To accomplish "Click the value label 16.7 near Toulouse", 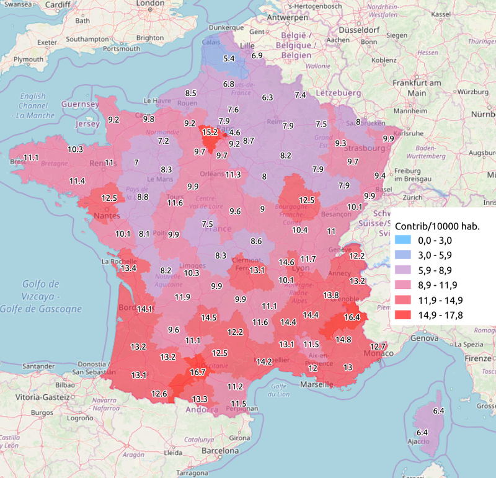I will point(198,372).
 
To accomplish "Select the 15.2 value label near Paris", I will point(210,132).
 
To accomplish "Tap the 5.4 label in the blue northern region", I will point(229,58).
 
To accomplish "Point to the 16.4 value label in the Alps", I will point(352,317).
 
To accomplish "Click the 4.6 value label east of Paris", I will point(234,133).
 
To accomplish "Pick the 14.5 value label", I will point(209,317).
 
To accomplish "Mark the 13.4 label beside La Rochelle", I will point(129,268).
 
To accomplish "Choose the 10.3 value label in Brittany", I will point(76,149).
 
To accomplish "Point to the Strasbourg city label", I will point(365,148).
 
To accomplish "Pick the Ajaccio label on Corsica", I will point(417,442).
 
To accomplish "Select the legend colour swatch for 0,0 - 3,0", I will point(402,241).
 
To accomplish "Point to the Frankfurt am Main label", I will point(416,87).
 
